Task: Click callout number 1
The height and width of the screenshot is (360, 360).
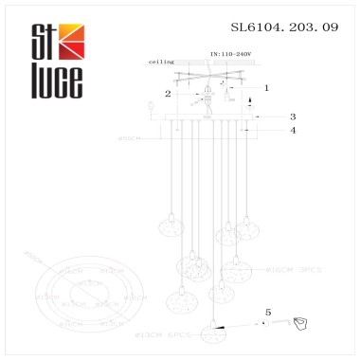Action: coord(266,87)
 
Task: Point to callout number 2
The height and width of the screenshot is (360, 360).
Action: coord(168,94)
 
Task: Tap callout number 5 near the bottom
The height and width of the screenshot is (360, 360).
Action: coord(267,311)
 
